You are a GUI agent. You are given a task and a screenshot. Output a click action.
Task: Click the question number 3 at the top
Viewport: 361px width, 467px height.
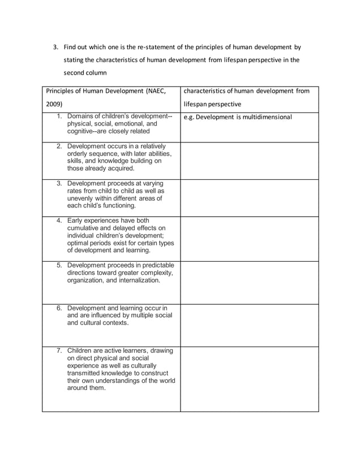click(x=55, y=47)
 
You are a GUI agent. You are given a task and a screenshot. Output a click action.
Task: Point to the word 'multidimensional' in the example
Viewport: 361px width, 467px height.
click(x=264, y=118)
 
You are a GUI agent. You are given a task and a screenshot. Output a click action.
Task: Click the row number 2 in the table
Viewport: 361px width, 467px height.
click(x=59, y=146)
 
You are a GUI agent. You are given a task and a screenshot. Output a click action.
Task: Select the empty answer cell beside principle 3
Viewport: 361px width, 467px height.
click(x=249, y=198)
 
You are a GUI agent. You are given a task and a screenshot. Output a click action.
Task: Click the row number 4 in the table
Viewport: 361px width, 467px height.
click(x=59, y=220)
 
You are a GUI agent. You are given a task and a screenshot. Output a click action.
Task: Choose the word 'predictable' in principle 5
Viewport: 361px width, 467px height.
click(x=154, y=265)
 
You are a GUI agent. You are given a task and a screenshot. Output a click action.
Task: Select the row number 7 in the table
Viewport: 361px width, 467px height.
click(x=59, y=351)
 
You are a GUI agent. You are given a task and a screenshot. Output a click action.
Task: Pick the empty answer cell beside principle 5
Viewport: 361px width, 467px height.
click(x=249, y=282)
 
